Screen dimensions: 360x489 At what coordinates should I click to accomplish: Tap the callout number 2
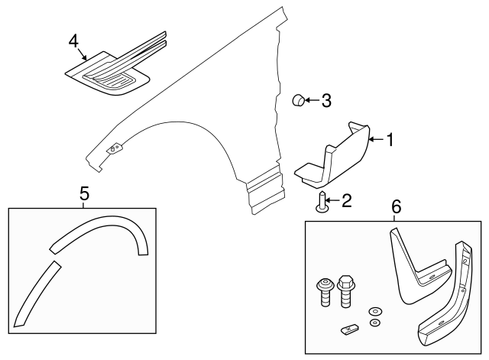(x=346, y=201)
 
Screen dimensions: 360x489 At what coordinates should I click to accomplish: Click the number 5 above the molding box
(x=83, y=195)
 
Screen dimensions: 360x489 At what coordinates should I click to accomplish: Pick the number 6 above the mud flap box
(x=396, y=207)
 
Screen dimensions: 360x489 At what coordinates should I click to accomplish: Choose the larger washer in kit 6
(x=375, y=312)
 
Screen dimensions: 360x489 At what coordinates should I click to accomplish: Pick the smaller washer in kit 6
(x=374, y=323)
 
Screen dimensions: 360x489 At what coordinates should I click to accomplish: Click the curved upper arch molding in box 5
(x=107, y=229)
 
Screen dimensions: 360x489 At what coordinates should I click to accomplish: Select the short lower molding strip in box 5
(x=35, y=295)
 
